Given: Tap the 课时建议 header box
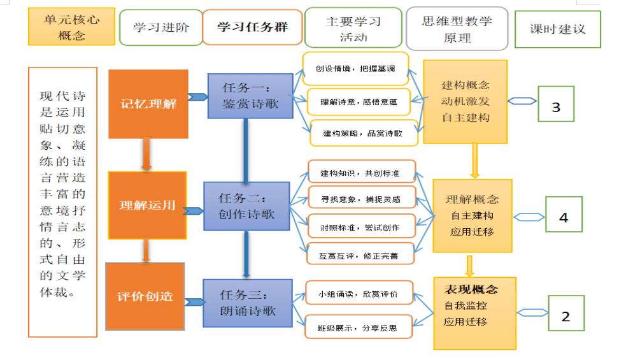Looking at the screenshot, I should coord(557,29).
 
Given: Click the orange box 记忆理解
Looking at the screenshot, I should coord(149,104).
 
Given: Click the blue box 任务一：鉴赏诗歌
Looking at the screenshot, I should coord(250,96).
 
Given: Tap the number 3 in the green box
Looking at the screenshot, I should coord(556,106).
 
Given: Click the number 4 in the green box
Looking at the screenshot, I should coord(564,217).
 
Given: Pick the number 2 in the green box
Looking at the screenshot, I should coord(565,317).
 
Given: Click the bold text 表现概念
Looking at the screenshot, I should coord(471,289).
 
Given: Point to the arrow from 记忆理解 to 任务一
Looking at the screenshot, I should coord(199,97).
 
